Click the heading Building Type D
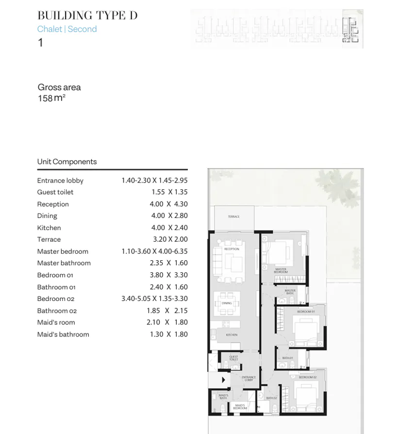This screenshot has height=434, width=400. tap(87, 16)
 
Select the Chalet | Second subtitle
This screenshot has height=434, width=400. tap(67, 29)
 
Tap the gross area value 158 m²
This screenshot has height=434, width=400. tap(51, 98)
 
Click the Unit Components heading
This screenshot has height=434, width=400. tap(67, 162)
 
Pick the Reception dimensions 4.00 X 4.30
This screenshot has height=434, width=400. tap(169, 204)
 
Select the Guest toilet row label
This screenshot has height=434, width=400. tap(55, 192)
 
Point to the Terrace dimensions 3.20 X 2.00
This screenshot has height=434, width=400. tap(170, 239)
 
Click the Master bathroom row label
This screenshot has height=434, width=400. tap(64, 263)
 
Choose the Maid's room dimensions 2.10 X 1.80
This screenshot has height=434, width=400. tap(167, 322)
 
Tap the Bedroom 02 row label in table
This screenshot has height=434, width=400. tap(56, 299)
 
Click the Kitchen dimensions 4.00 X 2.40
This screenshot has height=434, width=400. tap(169, 228)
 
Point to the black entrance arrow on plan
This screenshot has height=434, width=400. tap(223, 380)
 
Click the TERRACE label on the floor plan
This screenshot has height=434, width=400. tap(233, 217)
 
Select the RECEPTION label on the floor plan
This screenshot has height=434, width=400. tap(232, 249)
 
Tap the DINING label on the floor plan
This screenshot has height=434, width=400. tap(227, 303)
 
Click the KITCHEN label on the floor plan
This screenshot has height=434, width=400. tap(232, 335)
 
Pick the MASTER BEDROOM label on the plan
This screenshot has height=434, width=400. tap(281, 270)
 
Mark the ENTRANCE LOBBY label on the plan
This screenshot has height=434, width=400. tap(249, 379)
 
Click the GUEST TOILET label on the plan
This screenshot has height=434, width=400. tap(233, 358)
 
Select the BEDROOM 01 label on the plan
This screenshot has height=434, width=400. tap(306, 312)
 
